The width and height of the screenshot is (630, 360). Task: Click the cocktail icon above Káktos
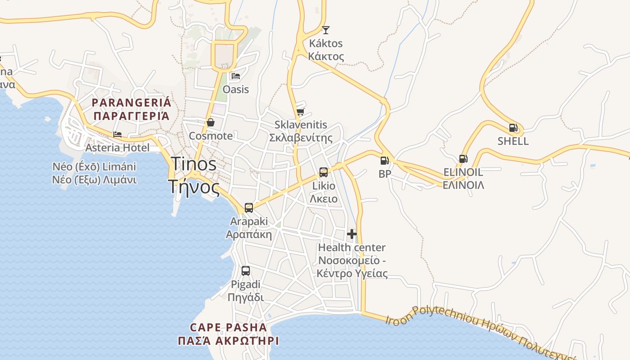coord(326,30)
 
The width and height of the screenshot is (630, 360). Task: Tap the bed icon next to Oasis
coord(236,76)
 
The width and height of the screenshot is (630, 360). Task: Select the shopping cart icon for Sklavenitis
coord(300,112)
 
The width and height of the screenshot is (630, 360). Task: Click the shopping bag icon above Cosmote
coord(210,122)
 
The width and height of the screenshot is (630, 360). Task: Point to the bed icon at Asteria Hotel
coord(117,134)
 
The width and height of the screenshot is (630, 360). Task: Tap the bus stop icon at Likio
coord(323,172)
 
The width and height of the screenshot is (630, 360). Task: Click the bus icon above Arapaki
coord(249,208)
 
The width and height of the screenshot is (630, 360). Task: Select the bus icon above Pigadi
coord(245,271)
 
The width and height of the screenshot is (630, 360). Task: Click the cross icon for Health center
coord(352,234)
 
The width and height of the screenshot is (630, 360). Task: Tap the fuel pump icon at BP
coord(384,161)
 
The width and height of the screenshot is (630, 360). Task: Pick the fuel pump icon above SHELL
coord(513,128)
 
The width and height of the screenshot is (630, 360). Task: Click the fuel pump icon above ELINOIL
coord(463,158)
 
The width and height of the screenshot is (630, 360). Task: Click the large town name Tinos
coord(193,164)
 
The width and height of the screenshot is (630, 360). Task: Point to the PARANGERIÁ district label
coord(131,103)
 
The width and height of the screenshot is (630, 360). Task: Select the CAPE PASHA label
coord(228,328)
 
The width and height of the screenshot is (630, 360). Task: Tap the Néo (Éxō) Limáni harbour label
coord(94,167)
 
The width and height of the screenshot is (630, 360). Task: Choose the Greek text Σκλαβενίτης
coord(301,138)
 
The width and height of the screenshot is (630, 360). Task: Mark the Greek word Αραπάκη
coord(249,234)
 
